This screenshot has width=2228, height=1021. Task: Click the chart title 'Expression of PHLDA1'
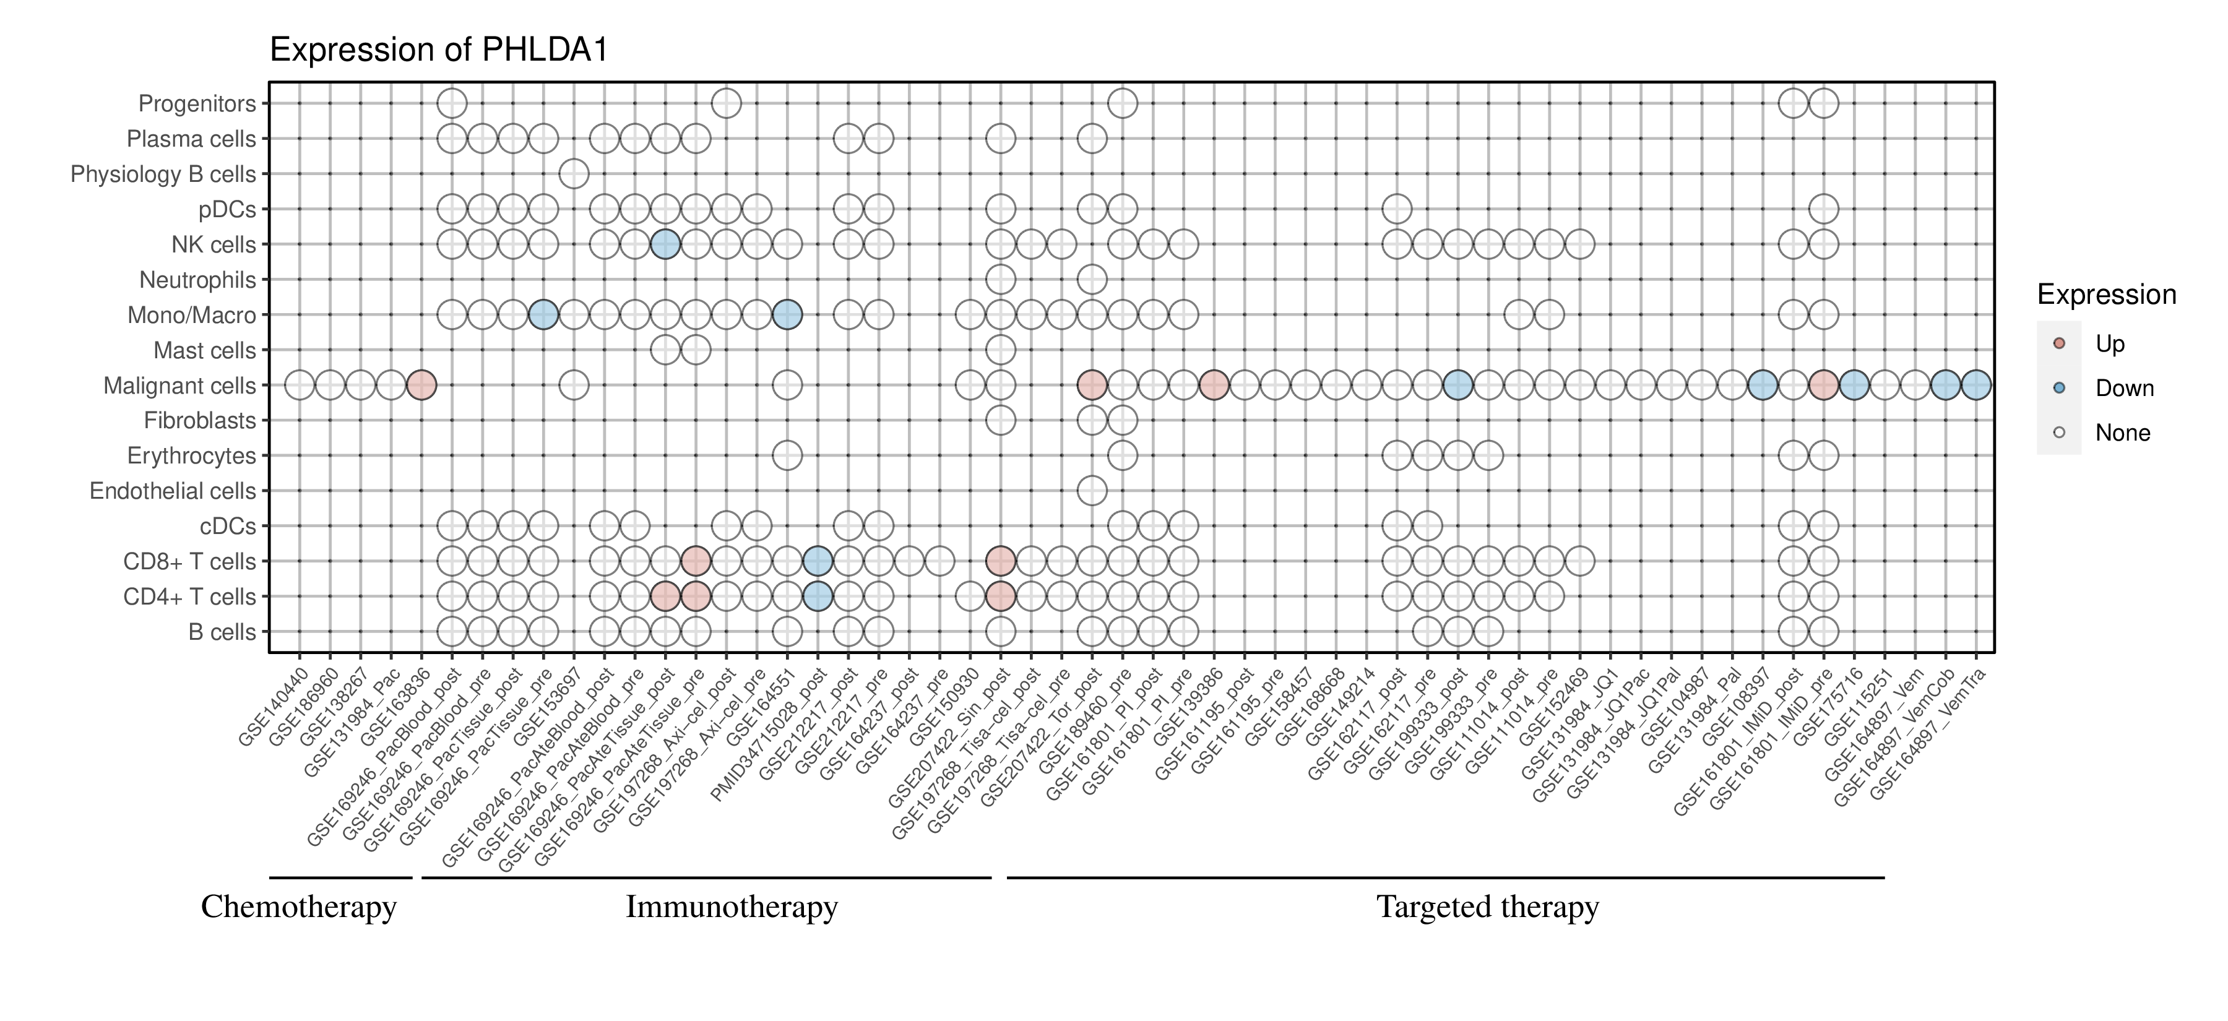439,50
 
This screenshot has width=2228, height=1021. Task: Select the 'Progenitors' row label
197,104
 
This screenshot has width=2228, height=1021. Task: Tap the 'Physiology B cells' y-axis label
163,174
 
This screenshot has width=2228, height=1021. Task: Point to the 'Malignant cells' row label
180,386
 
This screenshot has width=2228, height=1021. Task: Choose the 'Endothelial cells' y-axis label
173,491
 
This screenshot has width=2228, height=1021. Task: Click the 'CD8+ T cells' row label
189,562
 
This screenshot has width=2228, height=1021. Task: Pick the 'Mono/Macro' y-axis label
191,316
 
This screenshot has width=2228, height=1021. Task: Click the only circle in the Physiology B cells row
574,174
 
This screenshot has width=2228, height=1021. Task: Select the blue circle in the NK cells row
665,244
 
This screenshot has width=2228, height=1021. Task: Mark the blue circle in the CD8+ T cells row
818,562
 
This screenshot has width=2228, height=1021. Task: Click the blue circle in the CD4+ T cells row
818,597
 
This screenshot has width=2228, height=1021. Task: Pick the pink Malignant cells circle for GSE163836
421,386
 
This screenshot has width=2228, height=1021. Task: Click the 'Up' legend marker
2058,343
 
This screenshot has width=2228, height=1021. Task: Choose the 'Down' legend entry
2123,388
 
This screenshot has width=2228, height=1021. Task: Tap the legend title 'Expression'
2106,295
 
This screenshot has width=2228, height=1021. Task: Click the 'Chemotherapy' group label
298,907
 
